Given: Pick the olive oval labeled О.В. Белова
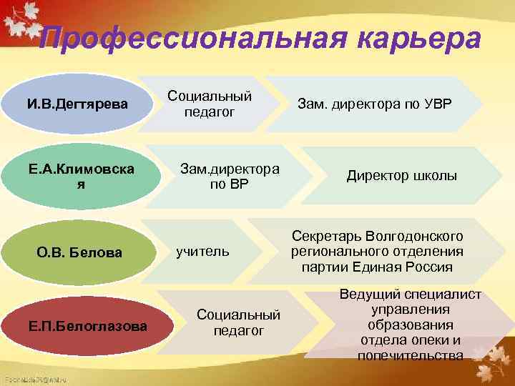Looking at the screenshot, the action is [x=79, y=252].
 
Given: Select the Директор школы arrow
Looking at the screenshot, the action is [x=401, y=176].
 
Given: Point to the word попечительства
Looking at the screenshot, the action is [x=410, y=355].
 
